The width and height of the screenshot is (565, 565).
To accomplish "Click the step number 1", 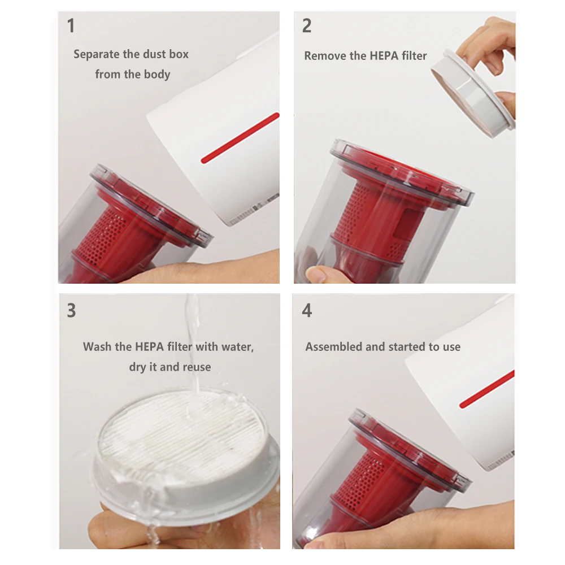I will coord(71,26).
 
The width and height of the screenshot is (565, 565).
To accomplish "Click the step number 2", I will coord(307,26).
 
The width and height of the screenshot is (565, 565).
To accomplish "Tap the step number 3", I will coord(71,311).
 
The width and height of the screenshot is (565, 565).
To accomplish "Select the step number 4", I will coord(307,311).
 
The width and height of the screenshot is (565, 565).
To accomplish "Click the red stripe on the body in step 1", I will coord(240,138).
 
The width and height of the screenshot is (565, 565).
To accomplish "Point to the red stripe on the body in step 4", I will coord(486,389).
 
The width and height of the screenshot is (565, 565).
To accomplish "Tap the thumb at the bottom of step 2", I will coord(319,275).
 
